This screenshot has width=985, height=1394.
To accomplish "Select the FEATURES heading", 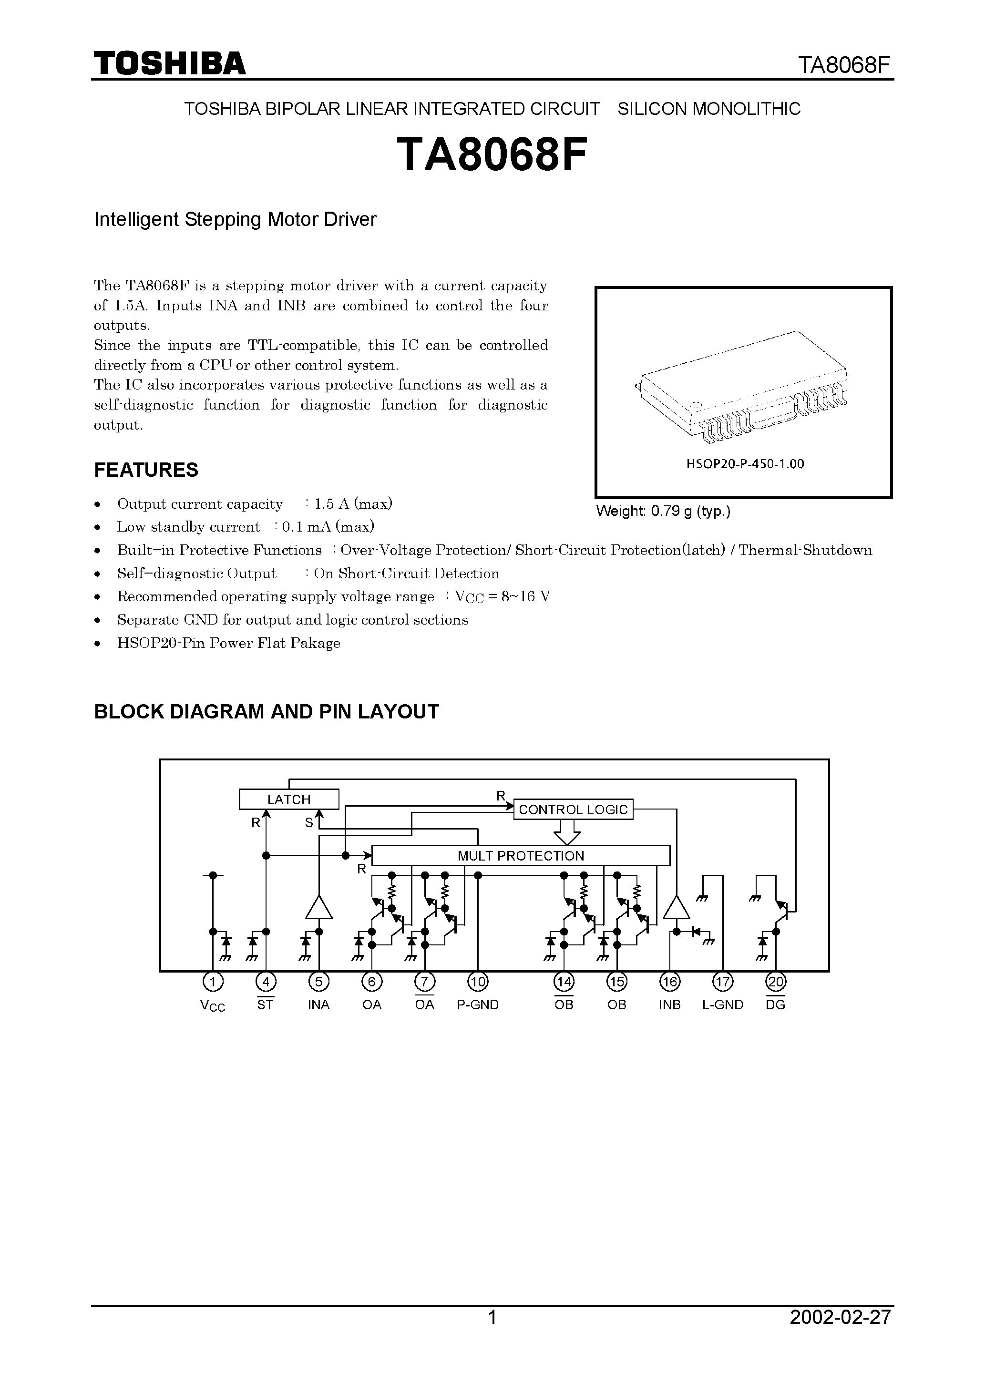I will pyautogui.click(x=146, y=470).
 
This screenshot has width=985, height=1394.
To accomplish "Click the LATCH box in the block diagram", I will pyautogui.click(x=289, y=799).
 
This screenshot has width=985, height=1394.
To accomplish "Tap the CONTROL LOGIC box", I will pyautogui.click(x=573, y=810).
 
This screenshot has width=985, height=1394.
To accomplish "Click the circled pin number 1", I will pyautogui.click(x=213, y=981).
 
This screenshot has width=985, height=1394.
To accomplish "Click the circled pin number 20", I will pyautogui.click(x=776, y=981).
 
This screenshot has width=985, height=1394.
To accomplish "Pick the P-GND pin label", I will pyautogui.click(x=478, y=1005).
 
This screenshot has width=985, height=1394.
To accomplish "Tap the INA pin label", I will pyautogui.click(x=319, y=1005).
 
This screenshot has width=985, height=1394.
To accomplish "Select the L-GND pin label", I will pyautogui.click(x=723, y=1005).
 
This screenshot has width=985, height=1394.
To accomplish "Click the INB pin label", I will pyautogui.click(x=670, y=1005).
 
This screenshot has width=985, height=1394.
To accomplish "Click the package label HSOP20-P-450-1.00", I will pyautogui.click(x=745, y=464).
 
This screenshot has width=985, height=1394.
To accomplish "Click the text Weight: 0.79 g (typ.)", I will pyautogui.click(x=663, y=511).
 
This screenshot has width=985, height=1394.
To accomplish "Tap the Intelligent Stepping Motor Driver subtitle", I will pyautogui.click(x=235, y=219).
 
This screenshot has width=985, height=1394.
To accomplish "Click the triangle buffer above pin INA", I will pyautogui.click(x=319, y=907).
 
